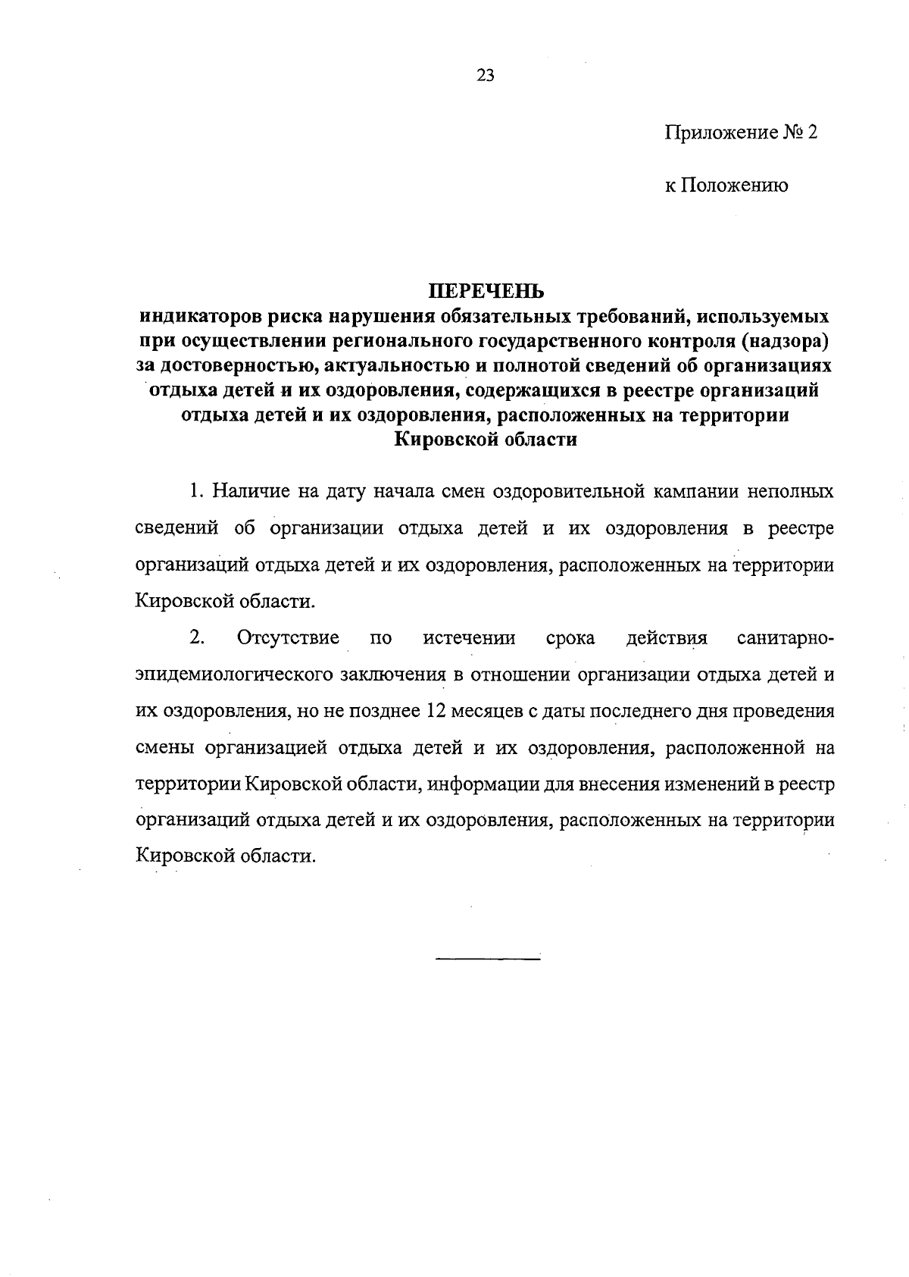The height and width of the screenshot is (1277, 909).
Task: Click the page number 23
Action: [x=486, y=74]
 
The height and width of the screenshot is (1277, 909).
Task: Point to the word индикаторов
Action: [x=198, y=316]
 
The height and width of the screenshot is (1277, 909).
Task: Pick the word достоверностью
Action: [x=223, y=366]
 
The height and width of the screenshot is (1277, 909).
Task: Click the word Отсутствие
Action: [x=288, y=638]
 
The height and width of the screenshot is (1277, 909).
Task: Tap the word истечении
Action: [x=469, y=638]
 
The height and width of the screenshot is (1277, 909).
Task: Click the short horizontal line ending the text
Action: [x=488, y=960]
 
